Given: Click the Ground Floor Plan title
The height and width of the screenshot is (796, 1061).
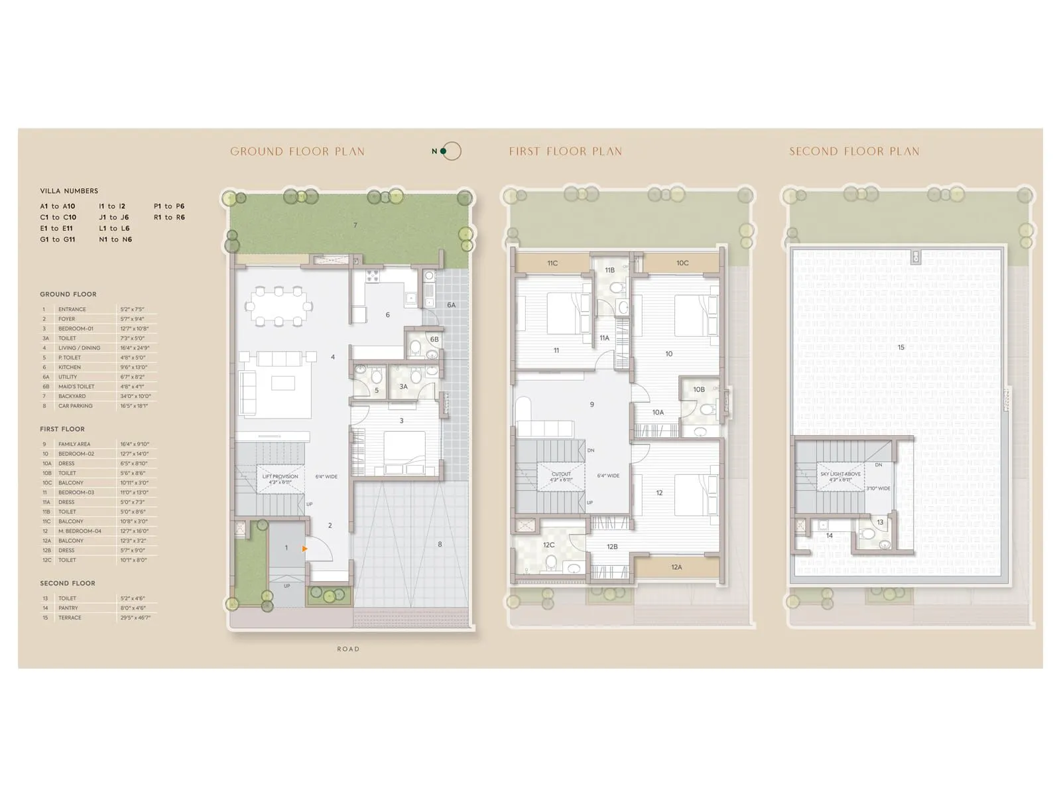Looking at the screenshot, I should point(297,152).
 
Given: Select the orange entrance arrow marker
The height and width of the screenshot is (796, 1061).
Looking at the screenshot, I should point(304,549).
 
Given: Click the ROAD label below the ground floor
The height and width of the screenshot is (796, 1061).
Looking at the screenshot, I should point(347,649).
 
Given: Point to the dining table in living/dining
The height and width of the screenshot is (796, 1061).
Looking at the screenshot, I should point(279,306).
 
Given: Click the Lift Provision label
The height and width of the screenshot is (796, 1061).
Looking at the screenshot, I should point(280,476).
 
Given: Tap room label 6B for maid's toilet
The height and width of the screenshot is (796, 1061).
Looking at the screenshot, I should point(434,340).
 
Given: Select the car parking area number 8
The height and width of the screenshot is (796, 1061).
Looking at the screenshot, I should point(440,545).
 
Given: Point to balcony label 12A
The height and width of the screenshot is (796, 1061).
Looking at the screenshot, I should point(676,567).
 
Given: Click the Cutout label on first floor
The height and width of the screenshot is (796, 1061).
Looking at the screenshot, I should point(561,474).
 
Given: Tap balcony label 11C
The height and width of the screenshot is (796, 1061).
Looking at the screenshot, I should point(552,263).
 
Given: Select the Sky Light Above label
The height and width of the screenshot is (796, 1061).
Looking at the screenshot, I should point(840,474).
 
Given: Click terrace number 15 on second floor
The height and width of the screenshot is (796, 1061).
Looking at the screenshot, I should point(901,348).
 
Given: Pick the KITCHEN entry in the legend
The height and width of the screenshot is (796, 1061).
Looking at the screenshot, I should point(70,367).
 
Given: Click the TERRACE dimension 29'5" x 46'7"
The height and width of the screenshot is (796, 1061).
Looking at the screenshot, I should point(135,618).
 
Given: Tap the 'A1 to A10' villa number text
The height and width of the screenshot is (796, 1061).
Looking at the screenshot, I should point(58,206).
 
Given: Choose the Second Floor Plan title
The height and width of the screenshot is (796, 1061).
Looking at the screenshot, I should point(854,152).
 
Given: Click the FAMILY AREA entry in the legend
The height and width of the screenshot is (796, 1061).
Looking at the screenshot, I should point(74,444).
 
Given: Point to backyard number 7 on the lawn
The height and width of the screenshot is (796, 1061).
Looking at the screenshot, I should point(355,226).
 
